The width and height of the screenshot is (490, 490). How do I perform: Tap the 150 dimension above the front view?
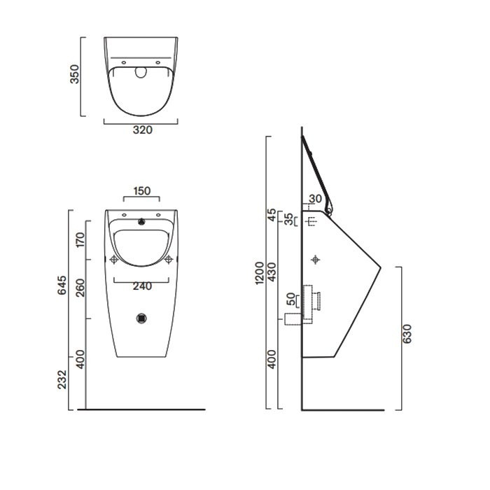141,190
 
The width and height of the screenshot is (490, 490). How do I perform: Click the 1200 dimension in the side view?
260,272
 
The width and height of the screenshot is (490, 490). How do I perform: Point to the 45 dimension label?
273,215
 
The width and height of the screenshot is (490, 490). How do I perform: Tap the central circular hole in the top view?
141,71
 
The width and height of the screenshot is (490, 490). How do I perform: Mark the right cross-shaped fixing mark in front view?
168,260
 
